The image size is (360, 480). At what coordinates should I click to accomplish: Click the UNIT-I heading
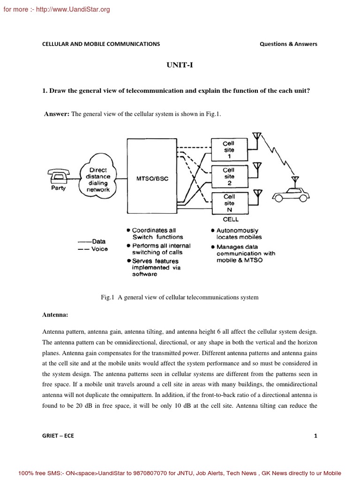point(180,66)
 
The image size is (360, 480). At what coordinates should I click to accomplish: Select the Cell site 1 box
point(229,150)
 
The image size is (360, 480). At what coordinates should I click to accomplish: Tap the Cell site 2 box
point(229,177)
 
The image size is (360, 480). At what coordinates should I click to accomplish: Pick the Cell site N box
point(229,203)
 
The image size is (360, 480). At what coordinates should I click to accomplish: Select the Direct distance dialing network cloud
point(98,180)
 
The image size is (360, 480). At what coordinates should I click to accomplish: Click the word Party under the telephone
point(59,188)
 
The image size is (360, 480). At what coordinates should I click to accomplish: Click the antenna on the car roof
point(295,180)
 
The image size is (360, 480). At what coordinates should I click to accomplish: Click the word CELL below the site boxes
point(231,219)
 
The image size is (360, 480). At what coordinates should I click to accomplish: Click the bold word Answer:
point(57,114)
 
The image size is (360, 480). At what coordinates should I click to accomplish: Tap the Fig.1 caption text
point(180,297)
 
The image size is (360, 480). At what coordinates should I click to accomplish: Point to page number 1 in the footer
point(315,435)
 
